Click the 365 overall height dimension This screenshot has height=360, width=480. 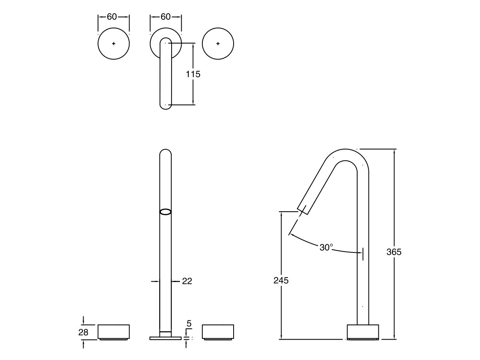[x=394, y=252]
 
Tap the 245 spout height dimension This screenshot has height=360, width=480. [x=281, y=280]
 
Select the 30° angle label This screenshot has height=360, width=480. [x=326, y=248]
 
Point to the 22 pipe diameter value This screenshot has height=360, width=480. [x=187, y=281]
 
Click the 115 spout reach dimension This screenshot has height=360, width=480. [x=193, y=74]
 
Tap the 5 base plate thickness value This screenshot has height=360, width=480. [x=189, y=323]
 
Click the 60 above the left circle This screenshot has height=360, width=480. [x=112, y=17]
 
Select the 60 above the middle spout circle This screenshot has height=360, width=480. [x=165, y=17]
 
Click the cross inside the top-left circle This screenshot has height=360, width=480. [x=114, y=44]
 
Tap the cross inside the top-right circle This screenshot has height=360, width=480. [x=218, y=44]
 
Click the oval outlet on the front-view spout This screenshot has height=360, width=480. [x=165, y=212]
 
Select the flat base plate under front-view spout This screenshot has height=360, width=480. [x=165, y=338]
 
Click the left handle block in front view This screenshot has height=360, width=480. [x=114, y=332]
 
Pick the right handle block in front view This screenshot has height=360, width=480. [x=218, y=332]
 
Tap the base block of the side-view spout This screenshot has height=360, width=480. [x=362, y=332]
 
